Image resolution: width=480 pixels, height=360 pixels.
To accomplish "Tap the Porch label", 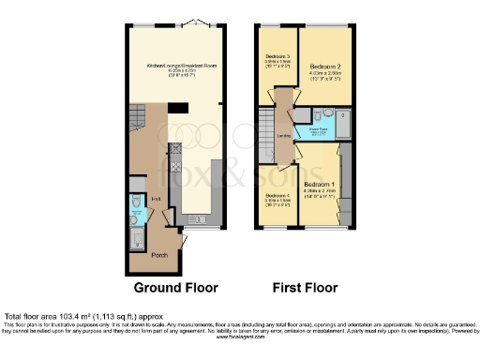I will (x=145, y=255).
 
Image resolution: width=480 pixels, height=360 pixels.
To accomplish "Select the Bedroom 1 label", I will (x=321, y=184).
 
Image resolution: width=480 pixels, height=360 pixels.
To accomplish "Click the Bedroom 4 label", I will (x=276, y=195).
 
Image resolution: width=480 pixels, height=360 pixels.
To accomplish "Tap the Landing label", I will (x=282, y=136).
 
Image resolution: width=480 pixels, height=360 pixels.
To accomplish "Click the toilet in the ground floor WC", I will (x=138, y=201).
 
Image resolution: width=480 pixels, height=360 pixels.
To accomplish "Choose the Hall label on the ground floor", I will (x=156, y=200).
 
